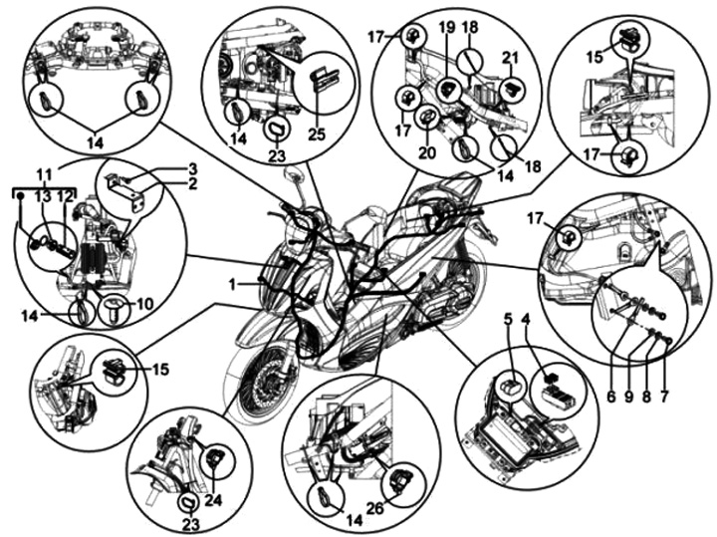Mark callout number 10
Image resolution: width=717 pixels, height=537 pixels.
tap(142, 301)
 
